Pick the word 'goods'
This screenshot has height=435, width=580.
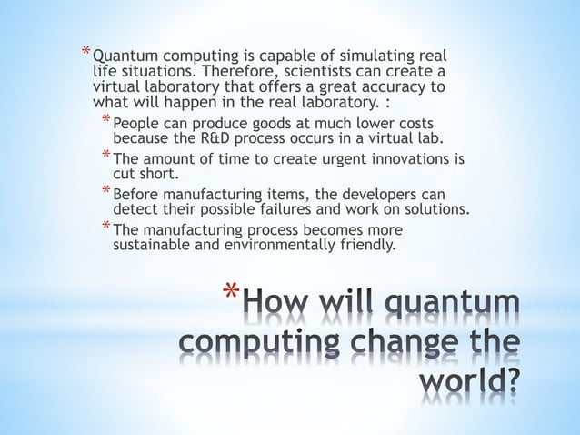click(257, 123)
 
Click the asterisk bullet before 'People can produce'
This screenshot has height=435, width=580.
click(105, 122)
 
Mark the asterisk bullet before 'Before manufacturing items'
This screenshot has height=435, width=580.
click(105, 193)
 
